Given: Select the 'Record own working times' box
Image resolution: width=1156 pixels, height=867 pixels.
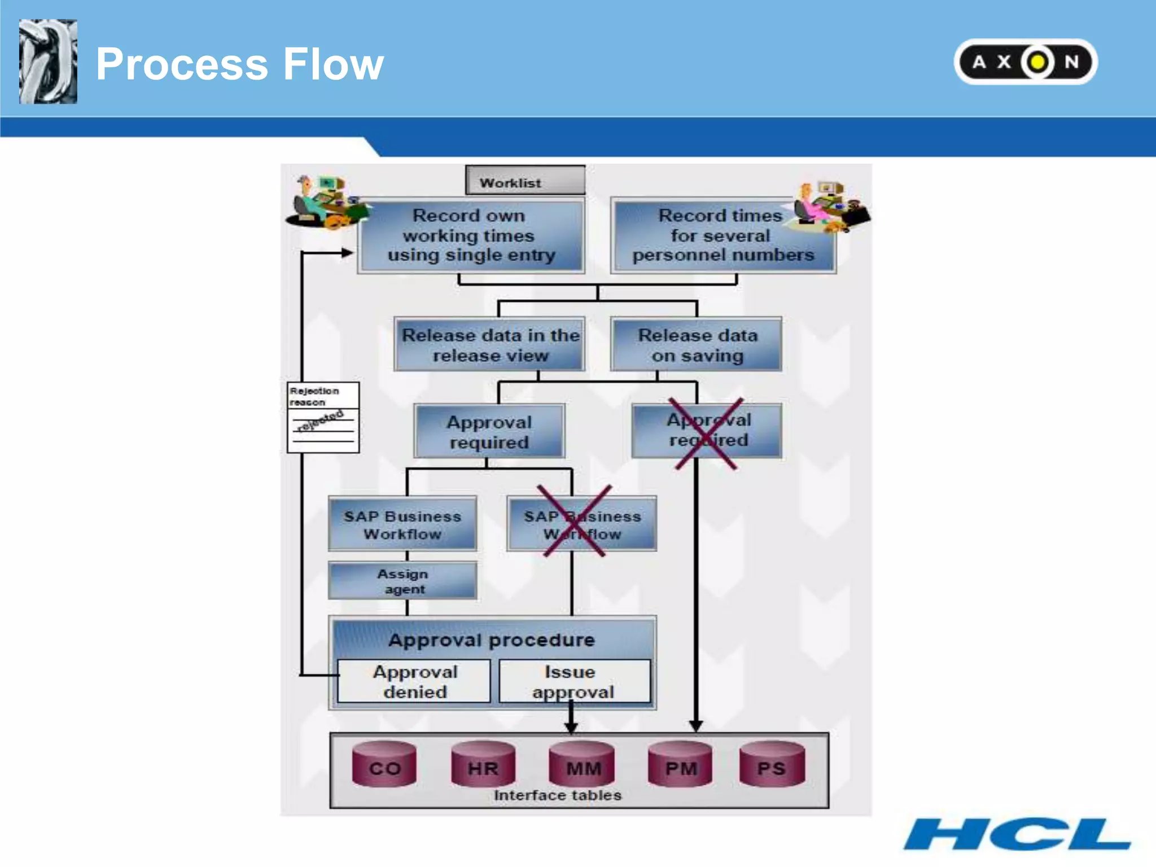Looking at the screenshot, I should point(470,235).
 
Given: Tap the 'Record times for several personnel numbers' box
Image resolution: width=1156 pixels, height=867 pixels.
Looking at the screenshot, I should point(722,235).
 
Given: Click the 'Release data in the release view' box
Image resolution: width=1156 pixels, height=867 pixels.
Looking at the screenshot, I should point(489,344).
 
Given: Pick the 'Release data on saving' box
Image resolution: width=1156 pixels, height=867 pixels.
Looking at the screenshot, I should point(697,344).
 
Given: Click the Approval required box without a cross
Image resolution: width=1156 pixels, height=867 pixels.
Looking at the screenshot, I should point(489,431).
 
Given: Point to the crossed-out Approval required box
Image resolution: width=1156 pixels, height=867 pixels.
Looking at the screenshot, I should point(707,430).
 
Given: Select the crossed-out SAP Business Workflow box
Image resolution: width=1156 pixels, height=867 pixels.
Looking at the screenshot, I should point(581,524).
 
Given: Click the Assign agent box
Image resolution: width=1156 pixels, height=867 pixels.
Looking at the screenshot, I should point(402,581).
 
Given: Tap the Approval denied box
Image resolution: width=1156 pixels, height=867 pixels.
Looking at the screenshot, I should point(414,681).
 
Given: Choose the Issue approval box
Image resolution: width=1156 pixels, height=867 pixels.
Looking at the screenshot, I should point(574,681).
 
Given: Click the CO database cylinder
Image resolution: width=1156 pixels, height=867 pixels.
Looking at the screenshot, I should point(384,765).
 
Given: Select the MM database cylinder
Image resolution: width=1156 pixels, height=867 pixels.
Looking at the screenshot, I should point(583,765).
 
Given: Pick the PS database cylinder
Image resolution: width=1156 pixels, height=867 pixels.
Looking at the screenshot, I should point(772,765).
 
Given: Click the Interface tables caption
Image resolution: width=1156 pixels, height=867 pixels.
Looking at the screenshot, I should point(557,795).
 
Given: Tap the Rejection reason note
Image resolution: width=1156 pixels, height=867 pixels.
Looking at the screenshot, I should point(323,417).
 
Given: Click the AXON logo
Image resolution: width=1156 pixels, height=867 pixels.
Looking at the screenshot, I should point(1025,62).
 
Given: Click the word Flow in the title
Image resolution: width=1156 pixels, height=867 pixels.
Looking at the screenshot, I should point(333,64).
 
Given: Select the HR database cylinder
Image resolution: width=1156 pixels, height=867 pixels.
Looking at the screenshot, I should point(483,765).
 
